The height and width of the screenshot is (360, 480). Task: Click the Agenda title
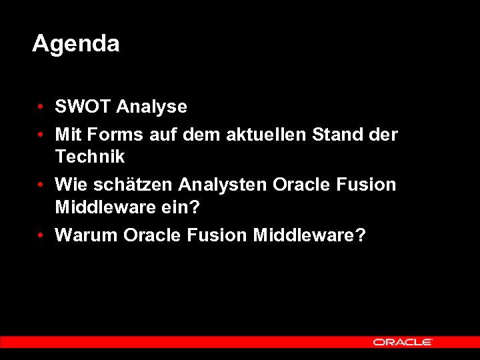[x=75, y=44]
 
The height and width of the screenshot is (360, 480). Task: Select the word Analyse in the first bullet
[x=151, y=107]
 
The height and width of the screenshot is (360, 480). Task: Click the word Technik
[x=89, y=157]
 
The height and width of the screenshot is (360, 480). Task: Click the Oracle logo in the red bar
[x=403, y=342]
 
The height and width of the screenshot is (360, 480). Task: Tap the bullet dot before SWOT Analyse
[x=41, y=107]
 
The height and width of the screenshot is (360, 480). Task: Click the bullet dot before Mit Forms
[x=41, y=135]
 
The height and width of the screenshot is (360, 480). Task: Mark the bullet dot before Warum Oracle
[x=41, y=236]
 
